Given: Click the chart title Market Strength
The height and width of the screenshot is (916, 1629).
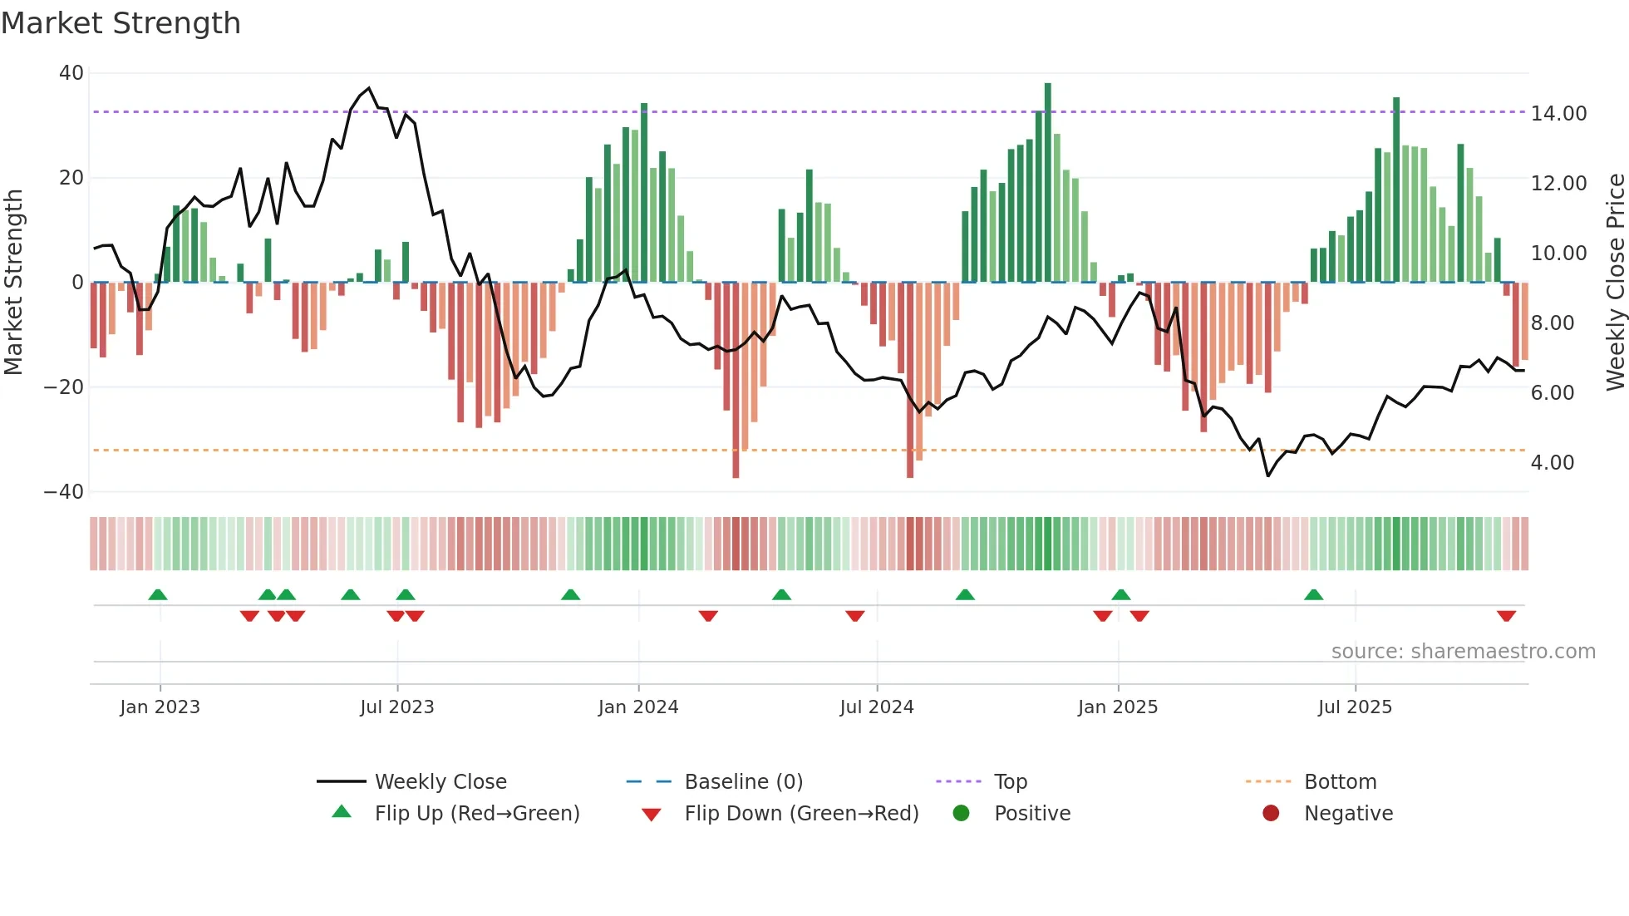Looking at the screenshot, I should (121, 23).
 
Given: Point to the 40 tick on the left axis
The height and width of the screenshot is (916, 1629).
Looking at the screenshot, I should (71, 73).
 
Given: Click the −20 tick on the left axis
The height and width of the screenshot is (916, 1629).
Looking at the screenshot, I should (64, 387).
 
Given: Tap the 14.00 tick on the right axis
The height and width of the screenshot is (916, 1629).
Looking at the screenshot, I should (1558, 113).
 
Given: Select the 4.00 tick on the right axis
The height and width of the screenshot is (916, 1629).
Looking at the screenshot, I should (1552, 462).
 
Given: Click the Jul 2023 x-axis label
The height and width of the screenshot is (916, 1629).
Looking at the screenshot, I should (396, 707).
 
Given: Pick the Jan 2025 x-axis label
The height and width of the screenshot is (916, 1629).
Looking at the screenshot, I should (1117, 707).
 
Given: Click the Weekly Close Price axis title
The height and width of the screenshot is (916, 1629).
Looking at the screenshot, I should (1615, 283).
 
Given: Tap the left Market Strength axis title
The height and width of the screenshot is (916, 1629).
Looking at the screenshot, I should (13, 283).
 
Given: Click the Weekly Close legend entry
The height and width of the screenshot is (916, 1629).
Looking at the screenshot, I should (440, 782).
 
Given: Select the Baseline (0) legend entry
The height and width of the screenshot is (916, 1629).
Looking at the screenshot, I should (743, 782).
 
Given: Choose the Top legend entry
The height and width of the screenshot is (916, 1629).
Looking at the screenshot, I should (1010, 782).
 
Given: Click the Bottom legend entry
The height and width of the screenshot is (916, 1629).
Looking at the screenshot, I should (1340, 782).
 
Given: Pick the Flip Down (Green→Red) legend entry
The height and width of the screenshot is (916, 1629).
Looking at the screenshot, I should (801, 814).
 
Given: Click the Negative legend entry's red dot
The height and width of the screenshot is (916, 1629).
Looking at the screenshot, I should (1271, 814).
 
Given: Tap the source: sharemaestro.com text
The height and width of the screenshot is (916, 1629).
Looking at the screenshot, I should (1463, 652).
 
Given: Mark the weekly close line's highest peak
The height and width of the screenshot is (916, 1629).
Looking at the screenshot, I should (369, 88).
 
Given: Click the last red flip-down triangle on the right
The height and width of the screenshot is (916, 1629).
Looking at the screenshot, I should (1506, 616).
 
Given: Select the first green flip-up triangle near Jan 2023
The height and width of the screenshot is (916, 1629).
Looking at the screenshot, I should (158, 594).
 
